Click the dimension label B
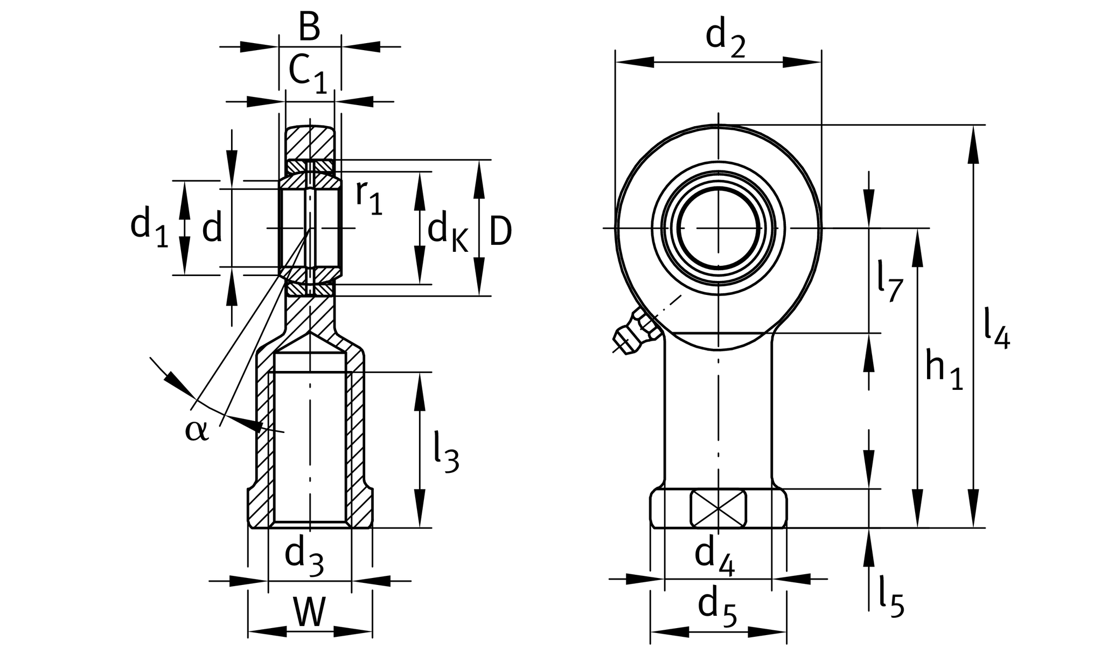click(x=309, y=27)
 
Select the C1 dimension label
click(x=308, y=73)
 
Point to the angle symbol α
click(x=196, y=430)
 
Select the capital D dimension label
click(x=500, y=232)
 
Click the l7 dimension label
click(x=888, y=280)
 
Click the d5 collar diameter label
click(x=716, y=607)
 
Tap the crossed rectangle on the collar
click(x=719, y=508)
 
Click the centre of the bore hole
click(x=719, y=228)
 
